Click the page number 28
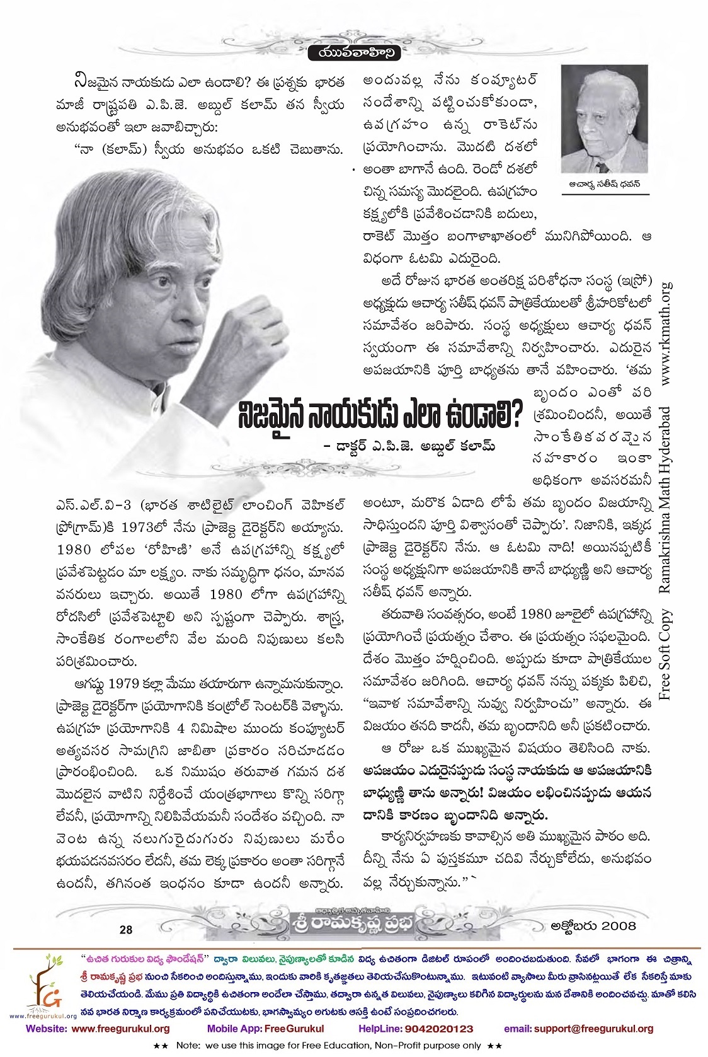click(x=126, y=929)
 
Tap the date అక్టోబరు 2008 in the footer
click(x=593, y=926)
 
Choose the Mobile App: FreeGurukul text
click(x=265, y=1028)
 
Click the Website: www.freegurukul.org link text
click(x=98, y=1028)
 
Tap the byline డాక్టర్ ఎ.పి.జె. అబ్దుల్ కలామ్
click(x=409, y=446)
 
